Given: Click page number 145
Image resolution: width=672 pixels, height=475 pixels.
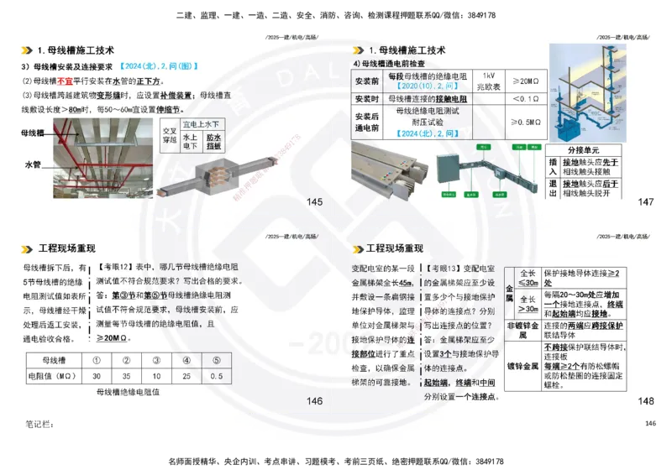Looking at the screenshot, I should [315, 202].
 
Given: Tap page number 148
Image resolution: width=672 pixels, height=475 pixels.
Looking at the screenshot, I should [645, 402].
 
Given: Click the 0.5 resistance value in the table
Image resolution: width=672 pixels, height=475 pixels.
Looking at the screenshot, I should [217, 376].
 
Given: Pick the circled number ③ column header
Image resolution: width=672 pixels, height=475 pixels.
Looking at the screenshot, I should [156, 361].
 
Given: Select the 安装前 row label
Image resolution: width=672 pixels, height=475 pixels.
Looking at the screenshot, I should [367, 81].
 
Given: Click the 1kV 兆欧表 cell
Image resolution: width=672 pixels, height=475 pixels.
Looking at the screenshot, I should [489, 81].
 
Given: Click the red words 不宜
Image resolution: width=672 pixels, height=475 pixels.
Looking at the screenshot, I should [65, 81].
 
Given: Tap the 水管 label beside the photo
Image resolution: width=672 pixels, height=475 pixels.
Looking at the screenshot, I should [33, 164].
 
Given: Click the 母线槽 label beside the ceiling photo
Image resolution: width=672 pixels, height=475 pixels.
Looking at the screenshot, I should [33, 133].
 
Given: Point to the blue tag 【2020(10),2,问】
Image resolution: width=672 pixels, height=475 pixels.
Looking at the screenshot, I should [428, 86].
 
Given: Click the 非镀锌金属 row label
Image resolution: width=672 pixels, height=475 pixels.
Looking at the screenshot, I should [522, 331].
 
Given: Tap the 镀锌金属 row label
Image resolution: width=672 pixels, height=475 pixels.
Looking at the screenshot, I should [522, 367].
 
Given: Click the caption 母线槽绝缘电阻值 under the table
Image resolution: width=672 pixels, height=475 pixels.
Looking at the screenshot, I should [128, 392].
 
